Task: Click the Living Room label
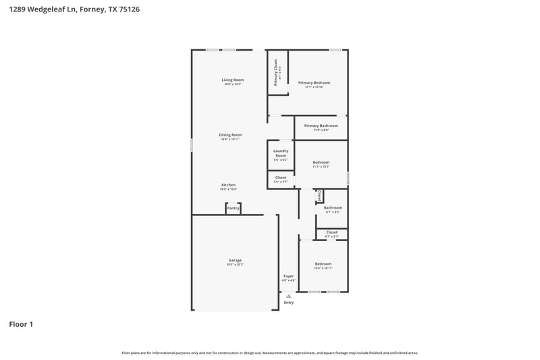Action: click(x=232, y=80)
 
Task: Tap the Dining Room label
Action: click(x=230, y=134)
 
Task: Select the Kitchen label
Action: click(x=228, y=184)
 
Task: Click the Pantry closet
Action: click(x=233, y=209)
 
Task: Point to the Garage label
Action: click(x=234, y=260)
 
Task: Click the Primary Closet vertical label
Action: click(x=276, y=72)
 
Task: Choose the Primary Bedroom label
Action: click(x=314, y=82)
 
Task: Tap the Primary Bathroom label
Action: click(x=321, y=126)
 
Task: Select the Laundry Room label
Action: click(x=281, y=153)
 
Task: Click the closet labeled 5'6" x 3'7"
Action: click(x=281, y=178)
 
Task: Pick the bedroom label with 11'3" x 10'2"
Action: click(x=321, y=162)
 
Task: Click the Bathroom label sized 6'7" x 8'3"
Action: click(x=333, y=208)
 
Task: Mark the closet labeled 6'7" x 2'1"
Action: click(x=331, y=232)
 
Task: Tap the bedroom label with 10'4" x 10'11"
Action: click(x=323, y=263)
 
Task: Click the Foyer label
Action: click(x=288, y=276)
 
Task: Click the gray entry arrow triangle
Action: click(x=289, y=296)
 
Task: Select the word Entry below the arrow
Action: click(x=289, y=303)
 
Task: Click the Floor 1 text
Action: click(x=21, y=324)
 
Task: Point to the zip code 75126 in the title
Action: click(x=130, y=9)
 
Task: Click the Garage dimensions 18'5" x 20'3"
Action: click(x=234, y=265)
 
